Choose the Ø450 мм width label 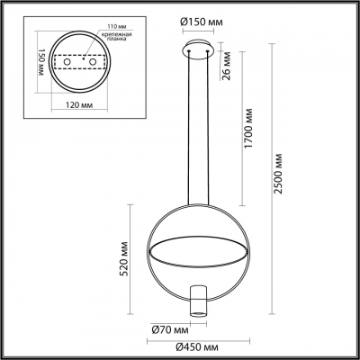tap(197, 346)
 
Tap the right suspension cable tap(210, 126)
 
